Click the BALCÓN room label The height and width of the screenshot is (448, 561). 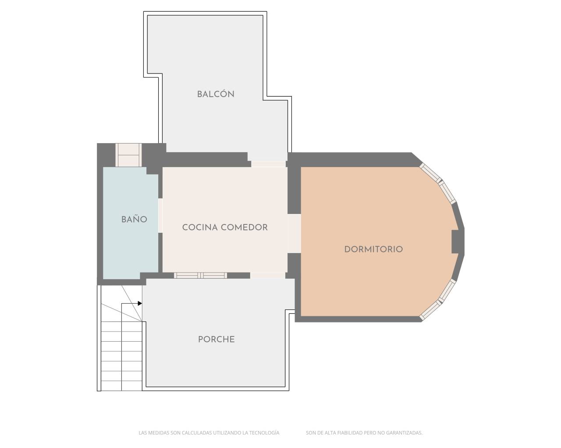coord(215,94)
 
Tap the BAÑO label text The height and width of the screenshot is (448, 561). coord(134,220)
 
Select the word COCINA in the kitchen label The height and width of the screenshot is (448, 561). coord(200,227)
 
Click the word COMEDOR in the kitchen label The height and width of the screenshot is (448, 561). coord(245,227)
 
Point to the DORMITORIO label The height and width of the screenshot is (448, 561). coord(373,249)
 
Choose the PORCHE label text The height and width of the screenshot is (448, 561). coord(216,339)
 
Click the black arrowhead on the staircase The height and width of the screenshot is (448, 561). coord(140,303)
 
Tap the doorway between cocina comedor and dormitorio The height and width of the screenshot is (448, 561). coord(294,233)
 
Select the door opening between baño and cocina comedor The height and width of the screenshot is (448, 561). coord(160,215)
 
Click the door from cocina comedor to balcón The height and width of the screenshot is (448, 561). coord(268,164)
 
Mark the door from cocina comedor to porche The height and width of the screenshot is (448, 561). coord(267,275)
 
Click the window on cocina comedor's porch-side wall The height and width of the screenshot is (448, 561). coord(200,275)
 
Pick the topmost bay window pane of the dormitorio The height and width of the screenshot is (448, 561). coord(430,173)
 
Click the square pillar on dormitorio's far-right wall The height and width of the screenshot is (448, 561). coord(457,241)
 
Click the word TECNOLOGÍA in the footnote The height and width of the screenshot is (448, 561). coord(264,433)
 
